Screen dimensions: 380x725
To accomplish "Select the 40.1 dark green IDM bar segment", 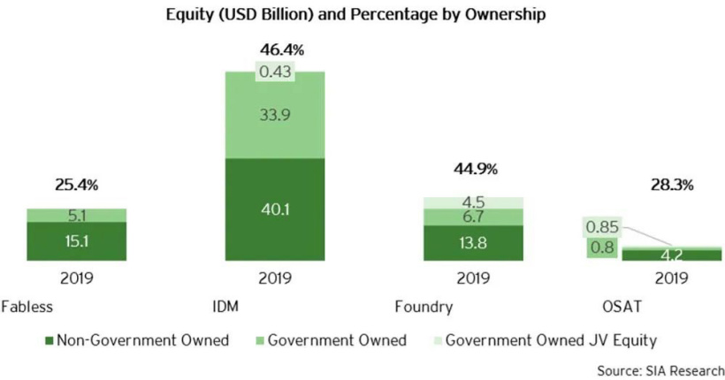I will (x=274, y=210).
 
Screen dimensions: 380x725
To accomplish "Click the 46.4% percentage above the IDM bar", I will (x=274, y=49).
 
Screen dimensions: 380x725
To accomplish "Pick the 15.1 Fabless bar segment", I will (x=76, y=241).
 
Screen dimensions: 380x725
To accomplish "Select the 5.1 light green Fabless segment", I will (x=76, y=215).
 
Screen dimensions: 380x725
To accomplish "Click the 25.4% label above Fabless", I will (x=76, y=186).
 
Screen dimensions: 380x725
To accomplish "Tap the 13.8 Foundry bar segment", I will (x=473, y=243).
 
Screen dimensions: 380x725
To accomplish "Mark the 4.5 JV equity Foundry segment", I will (x=473, y=202).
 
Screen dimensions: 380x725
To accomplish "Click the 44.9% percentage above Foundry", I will (x=473, y=169).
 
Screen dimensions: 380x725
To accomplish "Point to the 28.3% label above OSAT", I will (x=672, y=186).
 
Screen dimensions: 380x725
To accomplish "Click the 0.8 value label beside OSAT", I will (x=601, y=248).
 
